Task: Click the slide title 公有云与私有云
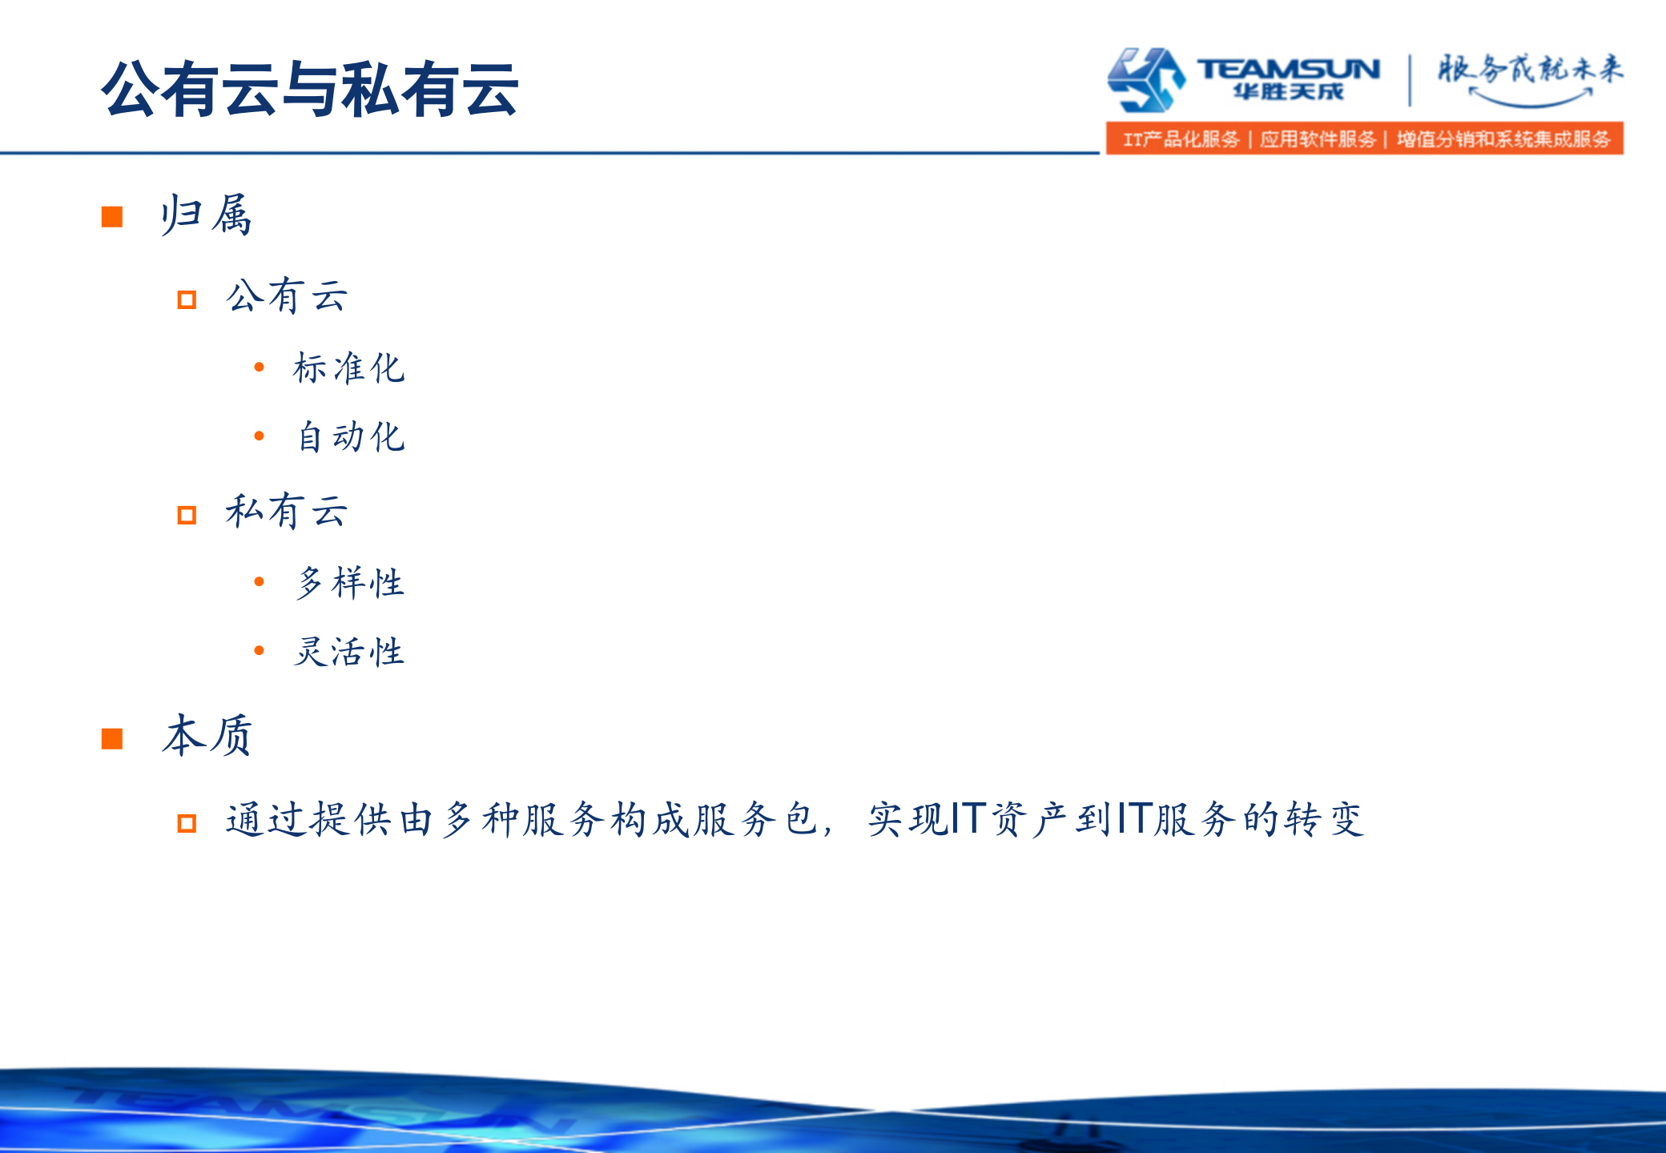coord(309,89)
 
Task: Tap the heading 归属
coord(206,215)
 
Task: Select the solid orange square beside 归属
coord(112,216)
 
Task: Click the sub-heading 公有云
coord(287,296)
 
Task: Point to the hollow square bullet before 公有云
coord(187,299)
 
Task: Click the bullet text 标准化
coord(348,368)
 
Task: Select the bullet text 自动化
coord(350,436)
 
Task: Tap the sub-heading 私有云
coord(287,511)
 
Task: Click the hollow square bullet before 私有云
coord(187,514)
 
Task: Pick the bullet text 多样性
coord(350,582)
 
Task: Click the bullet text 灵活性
coord(348,651)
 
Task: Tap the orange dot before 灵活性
coord(259,650)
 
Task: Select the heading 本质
coord(207,735)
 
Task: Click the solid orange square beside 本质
coord(112,738)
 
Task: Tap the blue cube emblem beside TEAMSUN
coord(1145,78)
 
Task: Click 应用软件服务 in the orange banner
coord(1318,139)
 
